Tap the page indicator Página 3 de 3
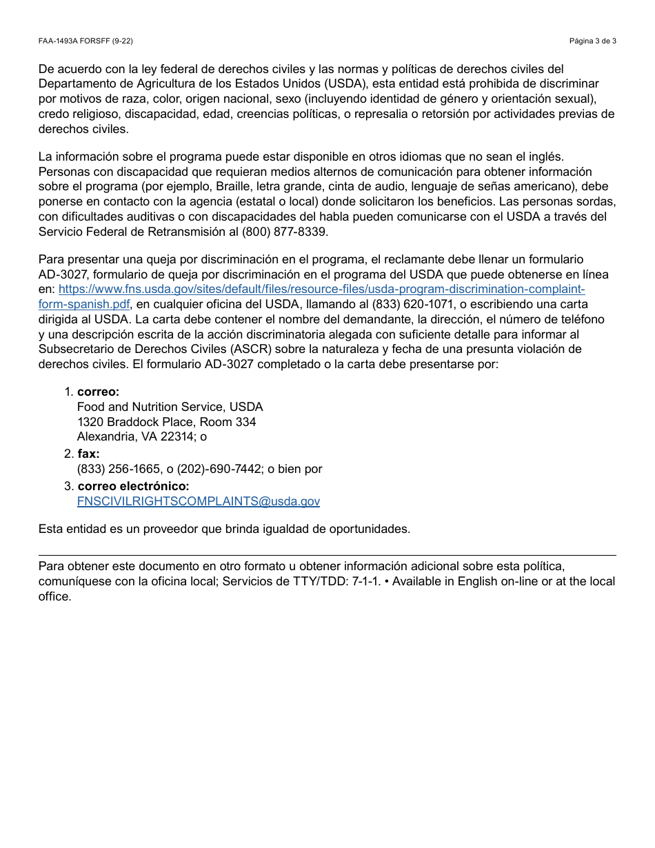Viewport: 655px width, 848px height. point(592,41)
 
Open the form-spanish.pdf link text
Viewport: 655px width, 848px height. point(84,304)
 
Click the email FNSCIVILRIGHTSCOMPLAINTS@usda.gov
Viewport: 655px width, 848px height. point(199,501)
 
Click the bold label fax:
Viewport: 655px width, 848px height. point(88,454)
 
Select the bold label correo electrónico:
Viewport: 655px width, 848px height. point(133,486)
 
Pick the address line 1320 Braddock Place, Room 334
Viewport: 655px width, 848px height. point(166,422)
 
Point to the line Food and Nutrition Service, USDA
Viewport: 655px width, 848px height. point(170,407)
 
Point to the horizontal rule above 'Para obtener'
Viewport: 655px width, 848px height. point(327,555)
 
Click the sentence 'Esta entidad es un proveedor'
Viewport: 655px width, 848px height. point(224,529)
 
